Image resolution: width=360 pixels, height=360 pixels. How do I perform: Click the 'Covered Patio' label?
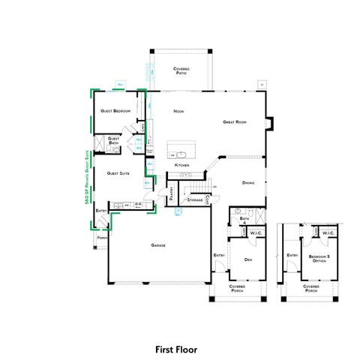(181, 70)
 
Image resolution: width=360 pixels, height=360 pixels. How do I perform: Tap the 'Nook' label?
(178, 111)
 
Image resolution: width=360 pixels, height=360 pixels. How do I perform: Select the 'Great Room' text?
(235, 121)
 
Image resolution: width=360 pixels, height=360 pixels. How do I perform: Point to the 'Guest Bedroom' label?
(116, 111)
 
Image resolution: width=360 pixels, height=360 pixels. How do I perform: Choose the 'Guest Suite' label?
(118, 172)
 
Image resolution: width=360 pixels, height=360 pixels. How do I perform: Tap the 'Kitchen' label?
(181, 165)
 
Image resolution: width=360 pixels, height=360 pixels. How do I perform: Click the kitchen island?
(178, 147)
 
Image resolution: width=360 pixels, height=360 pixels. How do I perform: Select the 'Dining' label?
(249, 182)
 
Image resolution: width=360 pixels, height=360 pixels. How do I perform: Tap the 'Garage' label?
(157, 245)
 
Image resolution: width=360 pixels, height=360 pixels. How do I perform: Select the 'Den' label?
(247, 259)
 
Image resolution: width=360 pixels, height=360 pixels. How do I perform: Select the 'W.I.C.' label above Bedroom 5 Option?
(328, 233)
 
